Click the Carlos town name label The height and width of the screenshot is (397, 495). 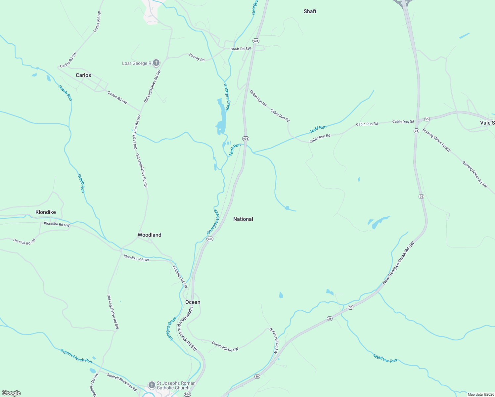(83, 75)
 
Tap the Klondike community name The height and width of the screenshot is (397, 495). (46, 212)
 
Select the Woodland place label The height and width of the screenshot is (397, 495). (150, 235)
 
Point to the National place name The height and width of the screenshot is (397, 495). (243, 219)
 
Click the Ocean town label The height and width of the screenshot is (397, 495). (193, 302)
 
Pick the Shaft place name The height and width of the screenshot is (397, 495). (310, 11)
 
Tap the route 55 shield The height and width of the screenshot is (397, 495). (427, 119)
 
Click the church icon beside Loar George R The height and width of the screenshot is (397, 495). (156, 63)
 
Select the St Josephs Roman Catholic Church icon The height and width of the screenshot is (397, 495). (152, 385)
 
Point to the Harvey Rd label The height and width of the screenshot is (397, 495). (197, 57)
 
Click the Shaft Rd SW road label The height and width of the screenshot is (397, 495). (241, 49)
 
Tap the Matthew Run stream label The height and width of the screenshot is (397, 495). (385, 358)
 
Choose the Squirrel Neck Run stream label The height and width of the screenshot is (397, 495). (76, 356)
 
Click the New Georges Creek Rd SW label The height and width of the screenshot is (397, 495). (398, 263)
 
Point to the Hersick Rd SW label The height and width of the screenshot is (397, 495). (24, 242)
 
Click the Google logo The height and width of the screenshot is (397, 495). (11, 393)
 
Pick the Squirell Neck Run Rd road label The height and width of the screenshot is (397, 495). (122, 382)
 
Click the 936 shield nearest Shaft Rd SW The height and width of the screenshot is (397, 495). (256, 41)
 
